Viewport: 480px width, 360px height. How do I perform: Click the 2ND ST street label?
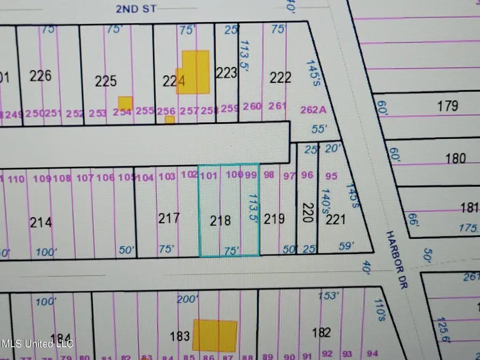pos(133,9)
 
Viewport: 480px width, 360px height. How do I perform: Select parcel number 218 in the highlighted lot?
pos(220,220)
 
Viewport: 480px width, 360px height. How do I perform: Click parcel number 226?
pos(41,76)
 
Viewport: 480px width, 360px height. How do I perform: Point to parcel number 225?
pos(106,81)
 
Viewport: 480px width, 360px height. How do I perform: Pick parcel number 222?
pos(281,78)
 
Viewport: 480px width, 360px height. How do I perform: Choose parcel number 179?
pos(447,106)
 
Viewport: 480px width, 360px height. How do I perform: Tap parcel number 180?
pos(455,158)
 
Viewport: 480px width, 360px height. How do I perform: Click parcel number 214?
pos(41,221)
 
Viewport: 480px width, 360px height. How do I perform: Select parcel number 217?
pos(169,218)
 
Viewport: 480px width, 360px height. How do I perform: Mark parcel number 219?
pos(275,219)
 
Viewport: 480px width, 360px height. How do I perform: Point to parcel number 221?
pos(336,219)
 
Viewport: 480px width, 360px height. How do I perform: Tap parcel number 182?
pos(321,333)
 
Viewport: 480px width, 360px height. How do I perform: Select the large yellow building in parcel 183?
pos(214,335)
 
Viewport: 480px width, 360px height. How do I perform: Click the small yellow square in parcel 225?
pos(125,103)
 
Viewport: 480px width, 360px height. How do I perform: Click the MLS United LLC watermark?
pos(37,343)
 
